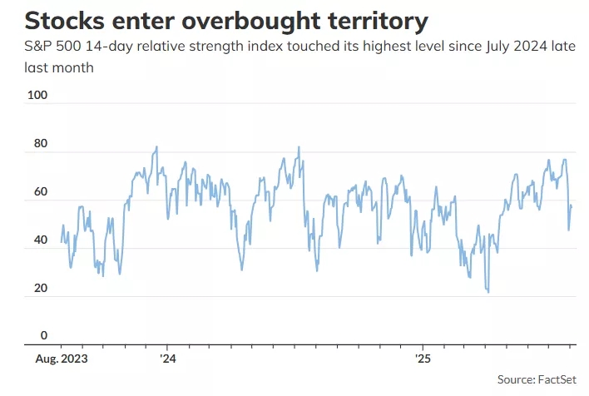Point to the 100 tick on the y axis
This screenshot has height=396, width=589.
pyautogui.click(x=37, y=96)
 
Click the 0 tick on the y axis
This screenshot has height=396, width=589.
pyautogui.click(x=44, y=336)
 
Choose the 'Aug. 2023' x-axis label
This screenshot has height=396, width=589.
pyautogui.click(x=61, y=359)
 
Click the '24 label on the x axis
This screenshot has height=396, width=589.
pyautogui.click(x=167, y=359)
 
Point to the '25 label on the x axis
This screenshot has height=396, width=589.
pyautogui.click(x=422, y=359)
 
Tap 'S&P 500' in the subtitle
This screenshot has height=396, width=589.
pyautogui.click(x=51, y=48)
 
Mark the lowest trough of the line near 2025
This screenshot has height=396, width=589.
pyautogui.click(x=488, y=292)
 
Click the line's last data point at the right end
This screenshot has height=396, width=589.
pyautogui.click(x=572, y=205)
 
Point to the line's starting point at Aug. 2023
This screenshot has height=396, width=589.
pyautogui.click(x=61, y=242)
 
